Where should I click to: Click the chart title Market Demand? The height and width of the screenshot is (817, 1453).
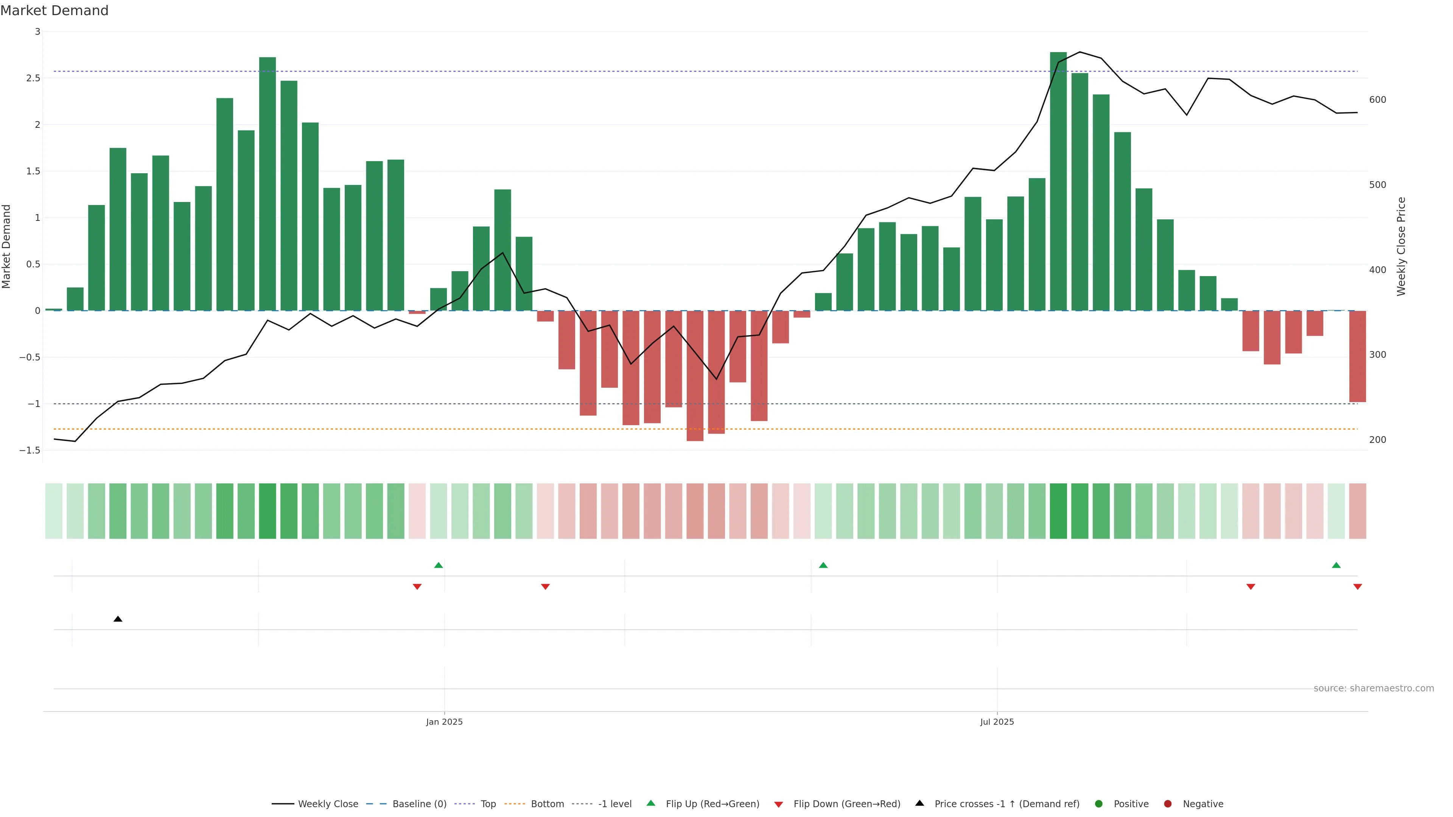(54, 11)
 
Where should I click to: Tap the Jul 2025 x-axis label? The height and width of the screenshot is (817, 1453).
(997, 722)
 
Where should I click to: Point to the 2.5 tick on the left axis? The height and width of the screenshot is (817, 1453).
(33, 78)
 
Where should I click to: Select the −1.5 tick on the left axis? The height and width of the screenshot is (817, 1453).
(30, 450)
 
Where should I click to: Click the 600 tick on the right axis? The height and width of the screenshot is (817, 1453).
(1377, 100)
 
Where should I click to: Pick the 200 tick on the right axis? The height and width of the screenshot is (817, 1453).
(1377, 440)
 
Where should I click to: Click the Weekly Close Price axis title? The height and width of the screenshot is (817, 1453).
(1401, 246)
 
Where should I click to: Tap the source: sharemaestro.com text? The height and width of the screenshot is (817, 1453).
(1374, 688)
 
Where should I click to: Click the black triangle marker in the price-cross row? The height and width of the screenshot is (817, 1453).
(118, 619)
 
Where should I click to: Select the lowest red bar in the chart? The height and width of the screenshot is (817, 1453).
(695, 376)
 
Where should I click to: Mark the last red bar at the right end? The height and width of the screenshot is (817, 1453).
(1357, 356)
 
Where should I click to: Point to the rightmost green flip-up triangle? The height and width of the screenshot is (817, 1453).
(1336, 565)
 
